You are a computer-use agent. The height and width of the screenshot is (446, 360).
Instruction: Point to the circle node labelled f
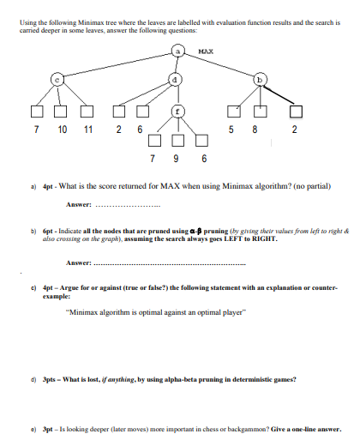click(x=178, y=111)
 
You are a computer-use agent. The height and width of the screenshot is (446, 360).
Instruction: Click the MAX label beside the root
click(x=206, y=51)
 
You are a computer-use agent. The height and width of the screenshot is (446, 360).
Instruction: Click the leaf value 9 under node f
click(x=178, y=160)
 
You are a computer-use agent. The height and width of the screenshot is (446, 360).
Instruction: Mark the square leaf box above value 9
click(x=178, y=142)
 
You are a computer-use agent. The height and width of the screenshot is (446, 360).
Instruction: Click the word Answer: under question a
click(x=79, y=204)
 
